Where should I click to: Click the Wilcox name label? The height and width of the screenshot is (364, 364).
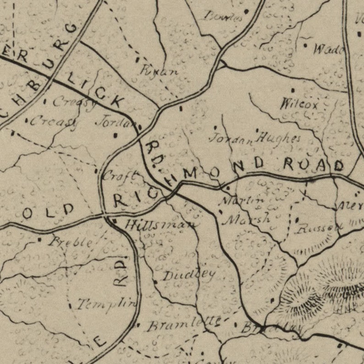(x=299, y=104)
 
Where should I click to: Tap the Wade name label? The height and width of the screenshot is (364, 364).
(x=329, y=49)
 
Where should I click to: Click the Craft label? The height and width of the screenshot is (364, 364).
(x=120, y=176)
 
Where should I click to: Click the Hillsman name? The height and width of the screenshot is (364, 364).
(x=160, y=224)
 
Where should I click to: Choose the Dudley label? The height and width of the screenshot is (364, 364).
(x=189, y=275)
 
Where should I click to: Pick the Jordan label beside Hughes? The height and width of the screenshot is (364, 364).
(x=231, y=138)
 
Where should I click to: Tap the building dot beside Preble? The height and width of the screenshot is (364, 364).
(x=39, y=239)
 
